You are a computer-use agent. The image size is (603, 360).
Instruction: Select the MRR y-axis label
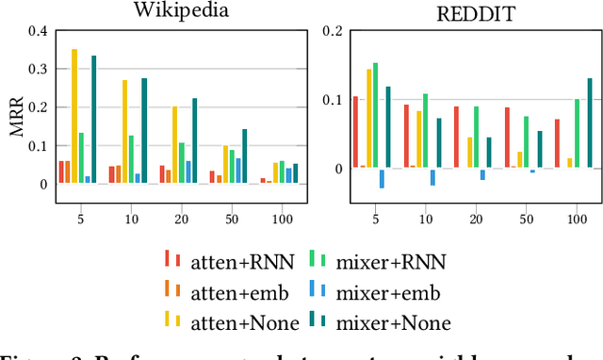(17, 116)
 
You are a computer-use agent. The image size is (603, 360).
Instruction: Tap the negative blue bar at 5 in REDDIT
(382, 178)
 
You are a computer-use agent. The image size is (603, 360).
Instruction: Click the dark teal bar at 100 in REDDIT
(590, 123)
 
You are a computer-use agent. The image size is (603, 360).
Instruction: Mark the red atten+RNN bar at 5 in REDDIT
(355, 132)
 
